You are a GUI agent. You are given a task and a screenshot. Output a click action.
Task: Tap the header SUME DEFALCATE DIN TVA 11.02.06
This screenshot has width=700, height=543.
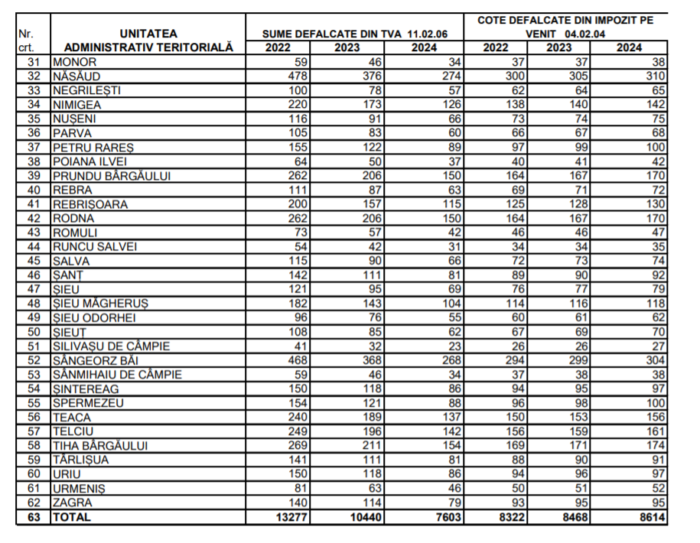[354, 34]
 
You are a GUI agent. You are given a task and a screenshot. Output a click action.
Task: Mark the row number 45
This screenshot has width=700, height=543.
[33, 261]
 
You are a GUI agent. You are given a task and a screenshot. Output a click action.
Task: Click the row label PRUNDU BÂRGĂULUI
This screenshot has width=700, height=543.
[111, 176]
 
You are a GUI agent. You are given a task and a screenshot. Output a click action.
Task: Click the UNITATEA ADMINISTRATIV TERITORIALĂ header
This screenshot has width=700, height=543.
[148, 41]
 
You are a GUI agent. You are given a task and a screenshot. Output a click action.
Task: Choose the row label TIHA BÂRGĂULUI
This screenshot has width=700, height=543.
[99, 445]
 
